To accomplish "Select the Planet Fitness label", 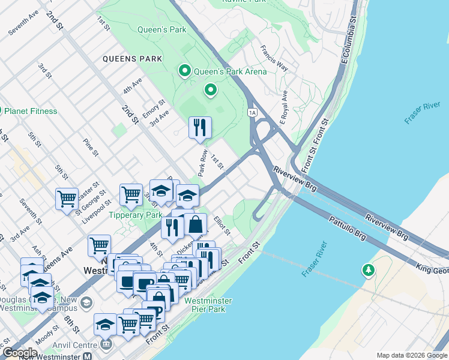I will click(x=30, y=111).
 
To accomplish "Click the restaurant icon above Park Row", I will click(x=200, y=127).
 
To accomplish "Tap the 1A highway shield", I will click(x=252, y=112).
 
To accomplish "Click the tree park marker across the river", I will click(x=367, y=271).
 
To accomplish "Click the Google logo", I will click(x=20, y=353).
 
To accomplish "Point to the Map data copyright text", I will click(x=411, y=355).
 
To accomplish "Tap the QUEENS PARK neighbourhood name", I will click(x=132, y=59).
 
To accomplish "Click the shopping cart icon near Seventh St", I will click(x=67, y=199).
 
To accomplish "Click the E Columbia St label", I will click(x=349, y=42).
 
